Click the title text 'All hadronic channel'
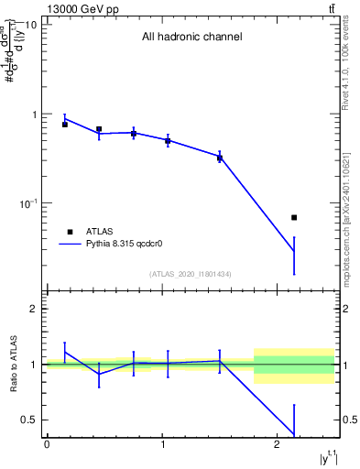(191, 38)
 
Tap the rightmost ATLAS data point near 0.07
(294, 217)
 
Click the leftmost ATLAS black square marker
(65, 125)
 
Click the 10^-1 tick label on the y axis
(27, 203)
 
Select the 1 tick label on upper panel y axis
(33, 115)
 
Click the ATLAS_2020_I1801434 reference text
(191, 274)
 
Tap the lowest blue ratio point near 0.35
(294, 435)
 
